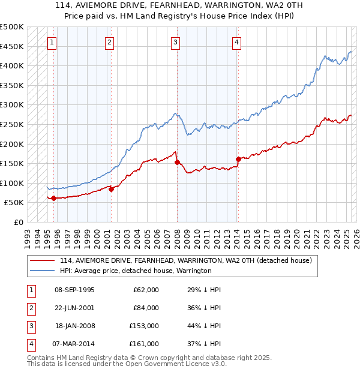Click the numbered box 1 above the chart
53,42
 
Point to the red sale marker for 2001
111,189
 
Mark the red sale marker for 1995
53,198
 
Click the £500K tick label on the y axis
12,27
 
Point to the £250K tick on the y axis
12,124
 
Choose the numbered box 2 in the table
29,308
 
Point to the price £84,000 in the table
146,308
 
